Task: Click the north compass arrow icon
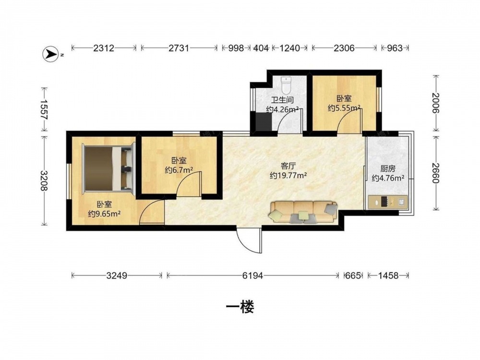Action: [x=50, y=54]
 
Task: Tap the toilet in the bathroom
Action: [x=286, y=85]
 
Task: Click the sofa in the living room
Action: [x=303, y=212]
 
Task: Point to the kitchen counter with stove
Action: [x=387, y=202]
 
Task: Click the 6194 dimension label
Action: [x=252, y=276]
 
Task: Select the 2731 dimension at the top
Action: [x=179, y=48]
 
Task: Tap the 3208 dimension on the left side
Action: [x=45, y=180]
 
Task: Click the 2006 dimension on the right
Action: [x=436, y=103]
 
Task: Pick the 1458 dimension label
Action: [x=388, y=276]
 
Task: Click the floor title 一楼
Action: [x=240, y=307]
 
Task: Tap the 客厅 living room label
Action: [x=288, y=166]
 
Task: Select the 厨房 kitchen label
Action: [x=388, y=168]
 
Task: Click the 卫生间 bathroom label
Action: [x=282, y=100]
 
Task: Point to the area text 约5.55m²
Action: [x=344, y=108]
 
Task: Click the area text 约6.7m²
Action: [x=179, y=170]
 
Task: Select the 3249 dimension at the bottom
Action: [x=117, y=276]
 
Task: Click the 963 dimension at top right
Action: [x=395, y=48]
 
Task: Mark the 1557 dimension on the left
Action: [x=45, y=109]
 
